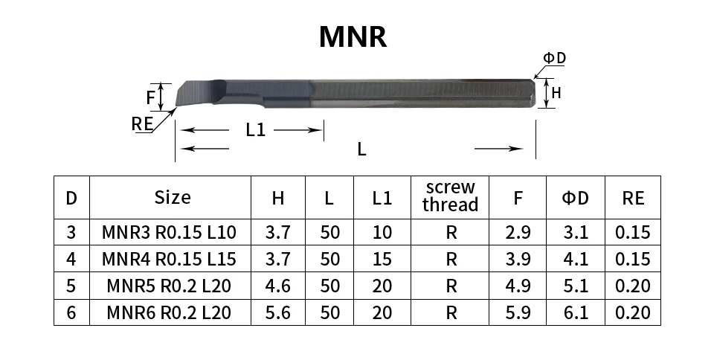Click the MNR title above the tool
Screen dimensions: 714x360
[353, 36]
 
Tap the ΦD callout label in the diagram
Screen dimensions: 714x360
[554, 58]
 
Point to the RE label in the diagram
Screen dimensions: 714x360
[142, 123]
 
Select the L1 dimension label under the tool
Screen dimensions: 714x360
[255, 130]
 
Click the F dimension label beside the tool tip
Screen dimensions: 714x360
[151, 97]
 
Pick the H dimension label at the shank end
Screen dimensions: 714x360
[556, 93]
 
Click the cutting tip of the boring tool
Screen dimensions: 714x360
[177, 106]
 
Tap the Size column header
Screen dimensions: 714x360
[172, 198]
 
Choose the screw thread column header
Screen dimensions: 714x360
[450, 196]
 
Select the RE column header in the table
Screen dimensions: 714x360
[634, 198]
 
